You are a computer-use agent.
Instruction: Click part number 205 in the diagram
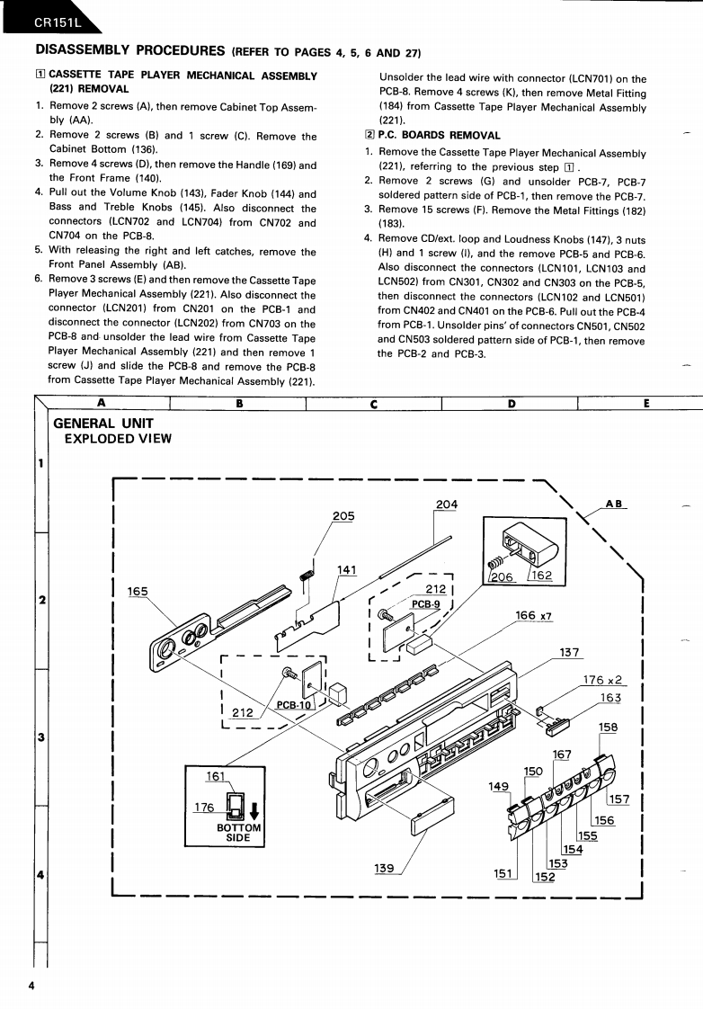(x=343, y=516)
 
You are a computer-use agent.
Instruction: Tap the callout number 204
(x=446, y=504)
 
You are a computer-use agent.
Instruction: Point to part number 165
(x=138, y=591)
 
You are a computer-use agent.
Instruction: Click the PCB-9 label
(x=425, y=604)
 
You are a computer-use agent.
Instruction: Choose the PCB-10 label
(x=293, y=705)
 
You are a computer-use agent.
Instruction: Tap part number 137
(x=570, y=652)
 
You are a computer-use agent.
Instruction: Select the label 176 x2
(x=603, y=680)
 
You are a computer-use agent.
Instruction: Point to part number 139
(x=384, y=868)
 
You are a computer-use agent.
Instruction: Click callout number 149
(x=499, y=786)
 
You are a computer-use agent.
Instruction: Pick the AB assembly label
(x=615, y=504)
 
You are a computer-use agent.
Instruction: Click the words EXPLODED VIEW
(x=119, y=439)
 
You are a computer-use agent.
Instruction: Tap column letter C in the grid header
(x=373, y=404)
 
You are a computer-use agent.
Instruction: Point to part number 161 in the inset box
(x=216, y=774)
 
